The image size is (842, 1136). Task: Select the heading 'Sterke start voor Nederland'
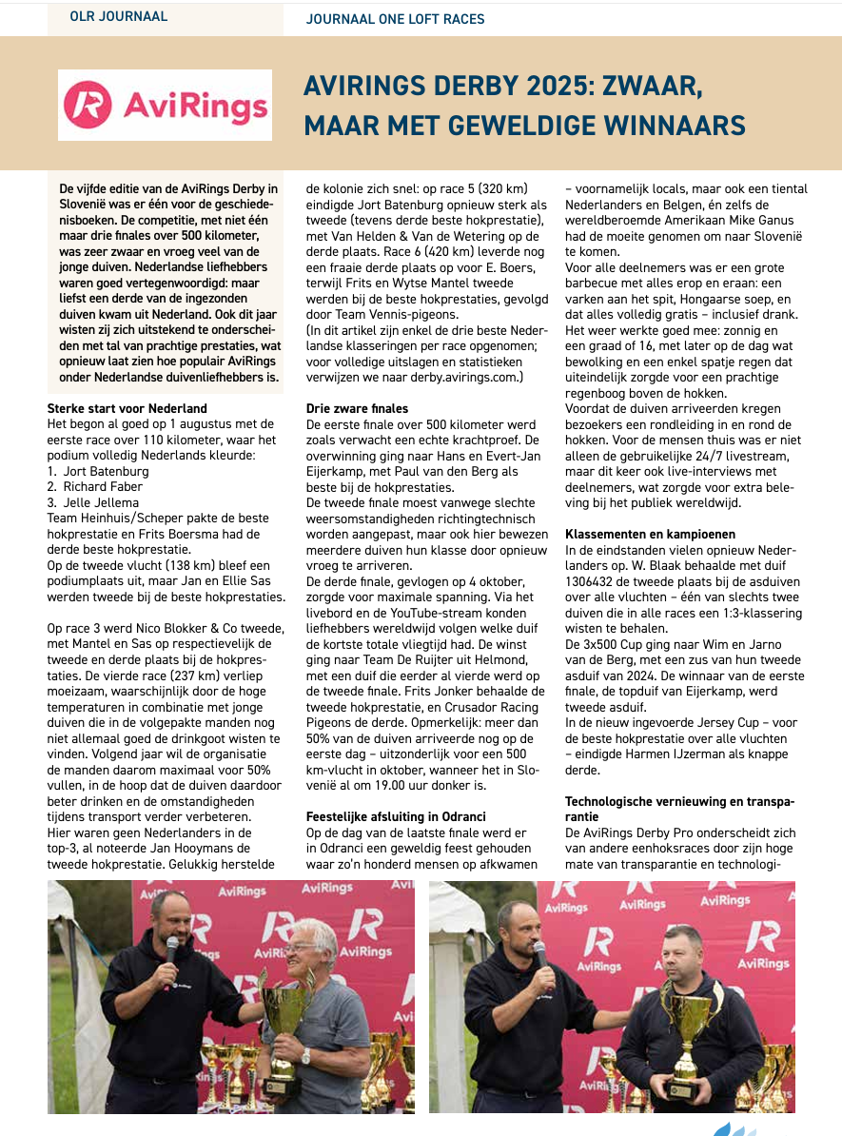pyautogui.click(x=127, y=408)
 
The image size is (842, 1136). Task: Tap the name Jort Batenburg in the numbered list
pyautogui.click(x=106, y=471)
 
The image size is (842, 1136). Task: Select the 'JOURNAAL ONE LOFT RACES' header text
pyautogui.click(x=395, y=18)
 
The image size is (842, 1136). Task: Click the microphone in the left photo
pyautogui.click(x=172, y=949)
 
